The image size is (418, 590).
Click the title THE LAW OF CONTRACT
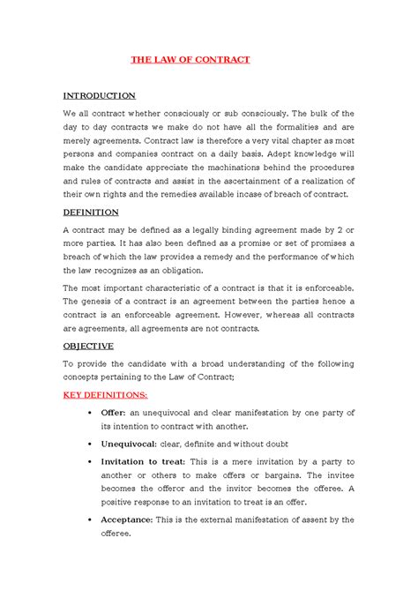pyautogui.click(x=190, y=59)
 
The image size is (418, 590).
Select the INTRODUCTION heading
pyautogui.click(x=99, y=94)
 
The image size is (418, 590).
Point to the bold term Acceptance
pyautogui.click(x=131, y=519)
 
